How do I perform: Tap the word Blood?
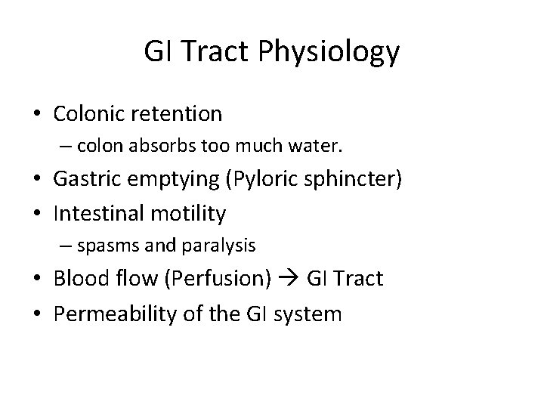point(79,279)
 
